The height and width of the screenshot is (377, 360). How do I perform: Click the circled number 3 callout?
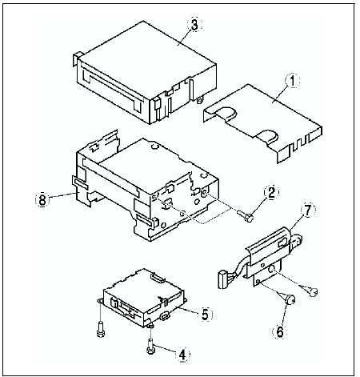click(x=194, y=26)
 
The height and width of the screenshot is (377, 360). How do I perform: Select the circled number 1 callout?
click(x=292, y=81)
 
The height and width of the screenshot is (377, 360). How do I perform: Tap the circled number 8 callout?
click(x=42, y=199)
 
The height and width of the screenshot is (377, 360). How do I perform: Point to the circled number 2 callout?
click(x=271, y=193)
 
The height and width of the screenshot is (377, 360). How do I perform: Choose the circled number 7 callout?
click(x=308, y=211)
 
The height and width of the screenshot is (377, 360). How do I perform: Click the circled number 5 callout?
click(x=205, y=315)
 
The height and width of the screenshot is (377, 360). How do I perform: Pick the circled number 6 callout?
click(x=279, y=331)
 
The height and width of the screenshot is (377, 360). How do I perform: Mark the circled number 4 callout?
click(x=182, y=355)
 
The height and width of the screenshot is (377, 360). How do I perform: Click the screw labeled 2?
click(x=245, y=215)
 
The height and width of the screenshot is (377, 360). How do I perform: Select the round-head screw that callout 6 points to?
click(x=290, y=299)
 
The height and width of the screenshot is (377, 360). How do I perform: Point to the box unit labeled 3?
click(x=145, y=73)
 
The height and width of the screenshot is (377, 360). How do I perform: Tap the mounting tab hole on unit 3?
click(x=199, y=100)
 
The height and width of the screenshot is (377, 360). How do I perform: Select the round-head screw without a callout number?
click(x=314, y=292)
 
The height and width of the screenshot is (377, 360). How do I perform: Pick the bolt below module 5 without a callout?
click(x=100, y=330)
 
